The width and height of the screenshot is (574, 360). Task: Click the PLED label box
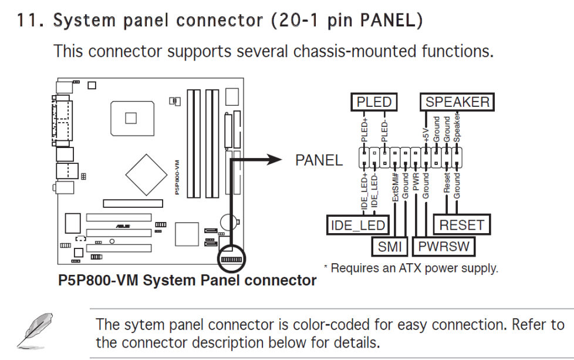pyautogui.click(x=373, y=102)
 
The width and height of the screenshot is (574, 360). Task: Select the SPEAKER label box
pyautogui.click(x=457, y=102)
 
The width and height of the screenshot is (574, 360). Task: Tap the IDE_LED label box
pyautogui.click(x=357, y=225)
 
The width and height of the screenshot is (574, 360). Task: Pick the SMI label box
pyautogui.click(x=390, y=246)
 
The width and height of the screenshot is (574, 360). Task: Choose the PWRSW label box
pyautogui.click(x=444, y=246)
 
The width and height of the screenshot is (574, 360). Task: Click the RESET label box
pyautogui.click(x=462, y=225)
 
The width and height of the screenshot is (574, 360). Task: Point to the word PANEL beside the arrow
pyautogui.click(x=319, y=160)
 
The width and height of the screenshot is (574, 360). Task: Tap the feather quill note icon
pyautogui.click(x=33, y=331)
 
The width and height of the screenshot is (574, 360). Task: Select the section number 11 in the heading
pyautogui.click(x=28, y=21)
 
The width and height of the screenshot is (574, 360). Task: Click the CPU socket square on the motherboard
pyautogui.click(x=130, y=118)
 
